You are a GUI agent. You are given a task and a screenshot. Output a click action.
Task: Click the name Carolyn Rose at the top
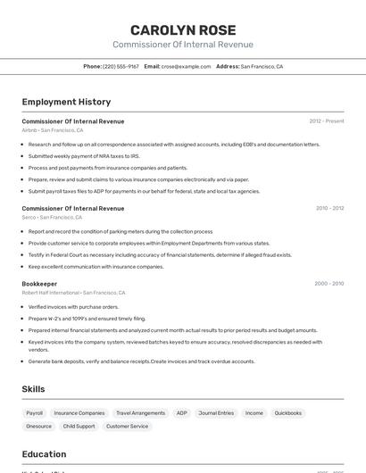(x=183, y=29)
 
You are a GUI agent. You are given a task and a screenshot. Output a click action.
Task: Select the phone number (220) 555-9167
(x=121, y=66)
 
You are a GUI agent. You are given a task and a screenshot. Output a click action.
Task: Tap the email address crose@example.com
(x=186, y=66)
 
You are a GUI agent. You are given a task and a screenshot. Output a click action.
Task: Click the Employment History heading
(x=66, y=102)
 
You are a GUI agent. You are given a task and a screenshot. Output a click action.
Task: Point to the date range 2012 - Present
(x=327, y=120)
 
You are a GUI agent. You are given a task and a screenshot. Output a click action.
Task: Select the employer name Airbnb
(x=29, y=130)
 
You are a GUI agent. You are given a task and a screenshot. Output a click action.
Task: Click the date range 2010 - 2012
(x=329, y=208)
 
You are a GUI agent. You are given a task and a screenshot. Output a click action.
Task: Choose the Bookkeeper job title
(x=39, y=283)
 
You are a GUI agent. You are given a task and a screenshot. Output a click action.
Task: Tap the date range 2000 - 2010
(x=329, y=283)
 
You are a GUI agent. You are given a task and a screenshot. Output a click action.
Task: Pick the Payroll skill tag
(x=35, y=413)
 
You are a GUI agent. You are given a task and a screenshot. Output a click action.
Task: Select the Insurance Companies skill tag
(x=79, y=413)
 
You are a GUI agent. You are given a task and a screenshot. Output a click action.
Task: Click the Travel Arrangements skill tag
(x=141, y=413)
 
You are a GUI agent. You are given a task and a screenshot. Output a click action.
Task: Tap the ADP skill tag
(x=182, y=413)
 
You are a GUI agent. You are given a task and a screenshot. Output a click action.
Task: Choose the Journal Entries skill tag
(x=216, y=413)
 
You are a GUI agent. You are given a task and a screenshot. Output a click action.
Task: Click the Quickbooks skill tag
(x=287, y=413)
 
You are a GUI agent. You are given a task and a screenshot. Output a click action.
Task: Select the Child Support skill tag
(x=79, y=427)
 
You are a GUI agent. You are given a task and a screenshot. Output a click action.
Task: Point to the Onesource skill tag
(x=39, y=427)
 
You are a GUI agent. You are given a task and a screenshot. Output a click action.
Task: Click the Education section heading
(x=44, y=454)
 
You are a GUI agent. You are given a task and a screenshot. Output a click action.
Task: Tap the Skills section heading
(x=33, y=389)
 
